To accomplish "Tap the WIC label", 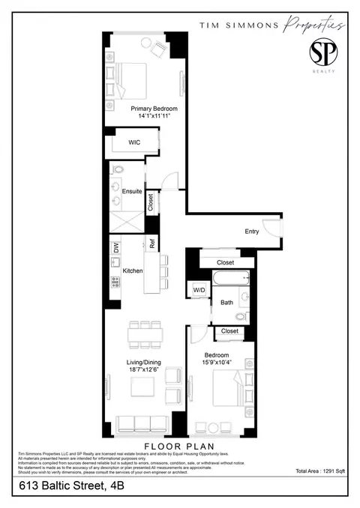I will coord(134,142).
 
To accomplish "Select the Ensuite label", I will coord(133,191).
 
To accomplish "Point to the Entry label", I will coord(251,232).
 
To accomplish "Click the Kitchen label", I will coord(133,270).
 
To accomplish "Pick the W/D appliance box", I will coord(200,289).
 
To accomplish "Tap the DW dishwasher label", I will coord(116,247).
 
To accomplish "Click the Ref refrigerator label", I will coord(151,244).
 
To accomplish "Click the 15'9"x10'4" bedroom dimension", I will coord(217,363).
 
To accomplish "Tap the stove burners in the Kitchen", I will coord(115,282).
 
